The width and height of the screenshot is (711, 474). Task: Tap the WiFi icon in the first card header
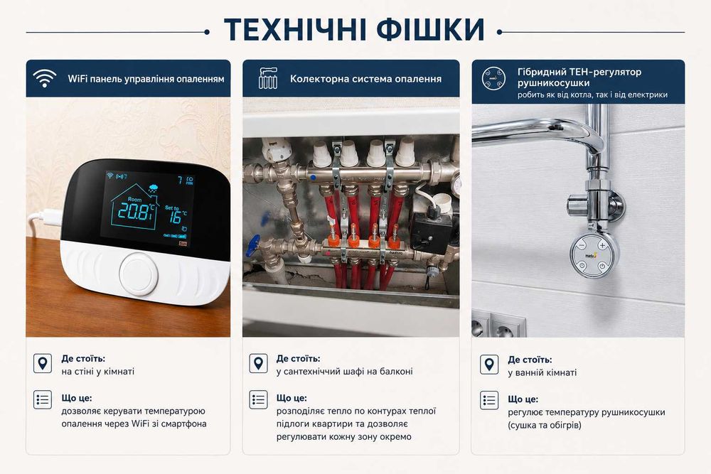click(x=44, y=78)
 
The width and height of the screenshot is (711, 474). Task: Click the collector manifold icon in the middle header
click(x=268, y=78)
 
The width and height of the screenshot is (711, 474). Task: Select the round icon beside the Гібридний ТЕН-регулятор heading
click(x=493, y=78)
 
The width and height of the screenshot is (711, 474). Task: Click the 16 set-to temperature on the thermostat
click(x=175, y=217)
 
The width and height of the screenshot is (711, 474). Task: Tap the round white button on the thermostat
click(x=139, y=274)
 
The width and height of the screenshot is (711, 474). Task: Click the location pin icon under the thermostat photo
click(x=43, y=363)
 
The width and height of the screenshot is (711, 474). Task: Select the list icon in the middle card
click(x=259, y=399)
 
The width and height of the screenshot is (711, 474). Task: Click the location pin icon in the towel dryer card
click(x=489, y=365)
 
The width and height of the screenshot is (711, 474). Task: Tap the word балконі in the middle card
click(x=396, y=372)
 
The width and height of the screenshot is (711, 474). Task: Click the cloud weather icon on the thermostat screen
click(x=154, y=188)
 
